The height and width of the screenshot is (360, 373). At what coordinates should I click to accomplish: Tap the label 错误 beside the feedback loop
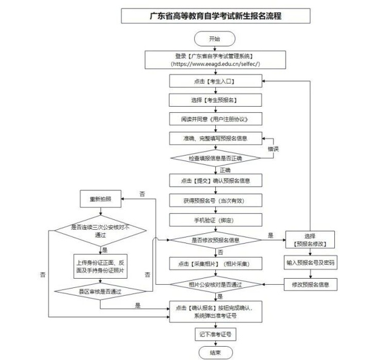(273, 148)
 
